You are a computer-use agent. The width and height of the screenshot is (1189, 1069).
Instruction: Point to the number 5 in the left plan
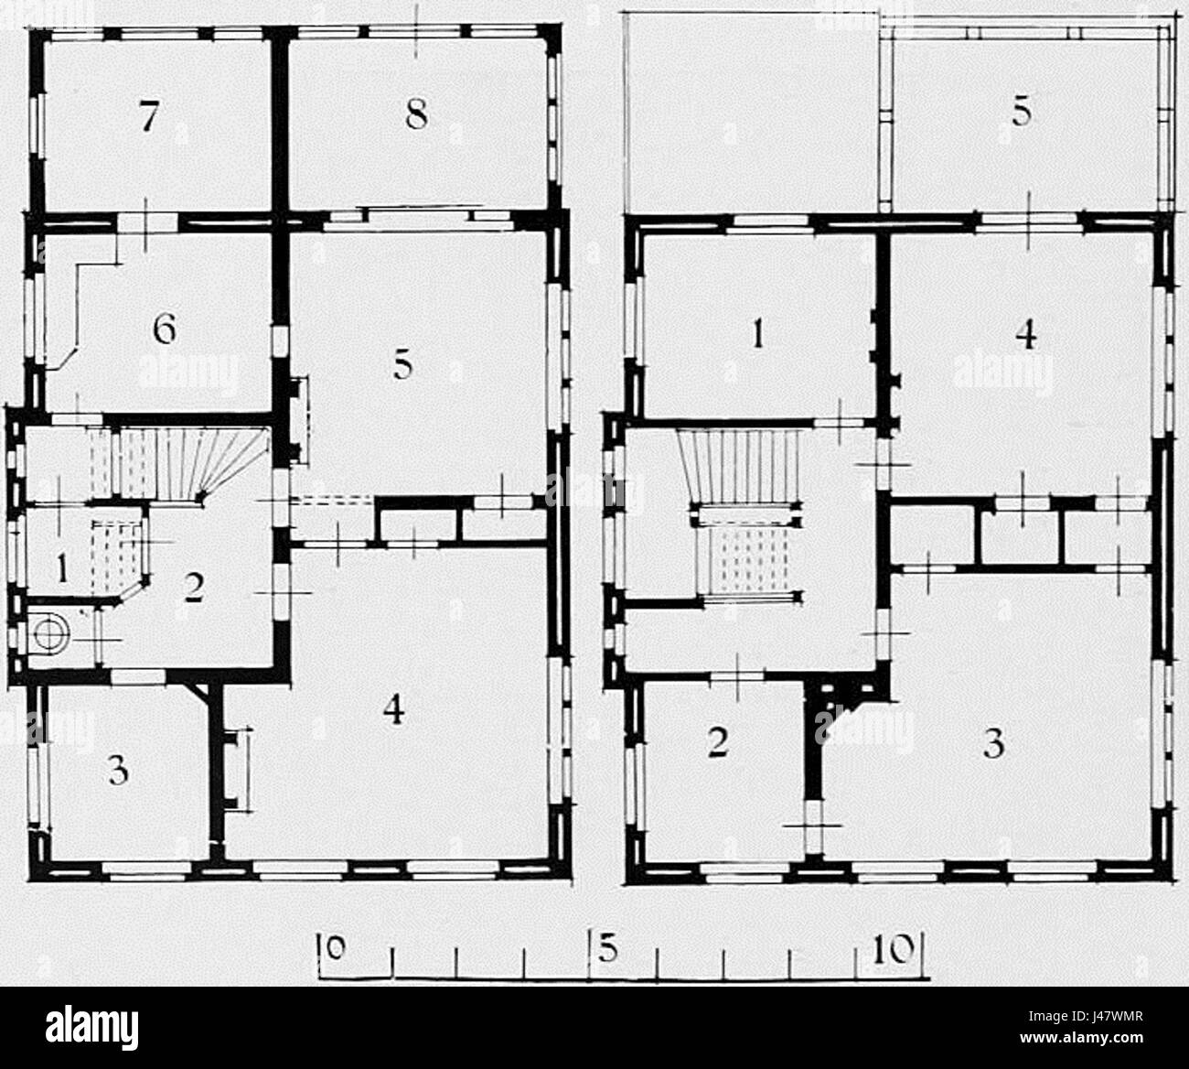pyautogui.click(x=403, y=365)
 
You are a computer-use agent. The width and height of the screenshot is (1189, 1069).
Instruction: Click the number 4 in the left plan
pyautogui.click(x=393, y=712)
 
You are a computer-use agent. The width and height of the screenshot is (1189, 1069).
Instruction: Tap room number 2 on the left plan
pyautogui.click(x=194, y=588)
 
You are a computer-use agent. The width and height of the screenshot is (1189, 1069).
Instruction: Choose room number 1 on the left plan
pyautogui.click(x=63, y=570)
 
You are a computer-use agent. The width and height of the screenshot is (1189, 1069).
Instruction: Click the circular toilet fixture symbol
pyautogui.click(x=50, y=633)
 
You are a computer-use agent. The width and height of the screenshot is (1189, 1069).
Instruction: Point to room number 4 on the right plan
pyautogui.click(x=1026, y=335)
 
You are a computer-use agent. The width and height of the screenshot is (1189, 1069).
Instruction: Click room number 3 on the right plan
pyautogui.click(x=993, y=742)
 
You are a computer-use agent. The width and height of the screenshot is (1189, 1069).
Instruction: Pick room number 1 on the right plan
pyautogui.click(x=758, y=335)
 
